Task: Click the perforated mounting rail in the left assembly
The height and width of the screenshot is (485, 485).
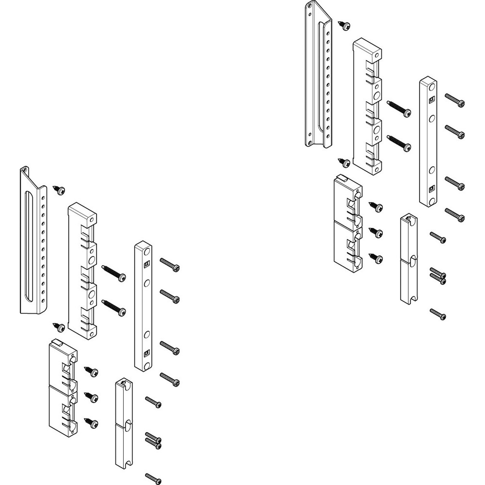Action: [32, 242]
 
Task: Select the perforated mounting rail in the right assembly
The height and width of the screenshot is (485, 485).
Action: [318, 78]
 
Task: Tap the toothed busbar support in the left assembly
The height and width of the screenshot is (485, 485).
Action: [82, 269]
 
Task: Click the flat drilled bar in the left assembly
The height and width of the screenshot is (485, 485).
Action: [143, 306]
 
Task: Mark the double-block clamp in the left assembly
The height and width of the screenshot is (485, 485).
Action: [63, 386]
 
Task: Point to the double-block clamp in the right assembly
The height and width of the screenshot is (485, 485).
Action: [348, 221]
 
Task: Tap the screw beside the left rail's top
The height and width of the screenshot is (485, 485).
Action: [60, 191]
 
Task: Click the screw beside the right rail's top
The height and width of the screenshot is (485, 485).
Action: [345, 26]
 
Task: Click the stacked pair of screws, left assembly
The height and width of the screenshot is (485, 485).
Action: [153, 439]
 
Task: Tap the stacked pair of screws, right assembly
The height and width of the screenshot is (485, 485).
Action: [438, 275]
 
